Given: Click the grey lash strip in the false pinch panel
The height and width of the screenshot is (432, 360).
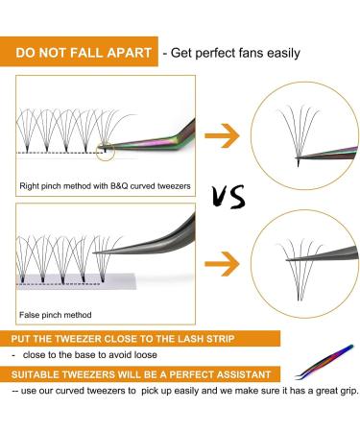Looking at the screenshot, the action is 86,279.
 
